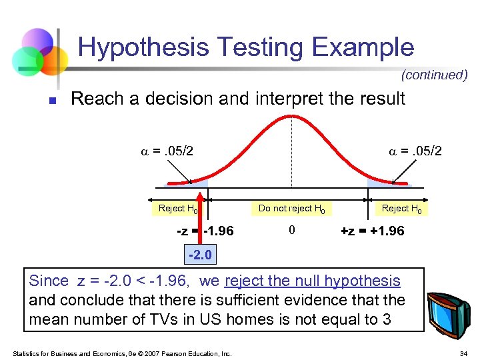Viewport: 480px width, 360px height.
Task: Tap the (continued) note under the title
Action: coord(434,75)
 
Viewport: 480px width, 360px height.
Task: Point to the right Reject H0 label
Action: coord(401,209)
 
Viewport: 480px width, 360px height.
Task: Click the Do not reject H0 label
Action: coord(291,209)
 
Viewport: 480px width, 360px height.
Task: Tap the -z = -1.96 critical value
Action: coord(205,231)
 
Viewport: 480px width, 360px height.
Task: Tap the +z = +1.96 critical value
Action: coord(372,231)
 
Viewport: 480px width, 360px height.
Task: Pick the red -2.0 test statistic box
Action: coord(200,254)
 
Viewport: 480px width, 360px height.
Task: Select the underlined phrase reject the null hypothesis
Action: coord(313,281)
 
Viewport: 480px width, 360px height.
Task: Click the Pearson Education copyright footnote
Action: coord(121,353)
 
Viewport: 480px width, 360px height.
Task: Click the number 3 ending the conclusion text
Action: coord(387,319)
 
